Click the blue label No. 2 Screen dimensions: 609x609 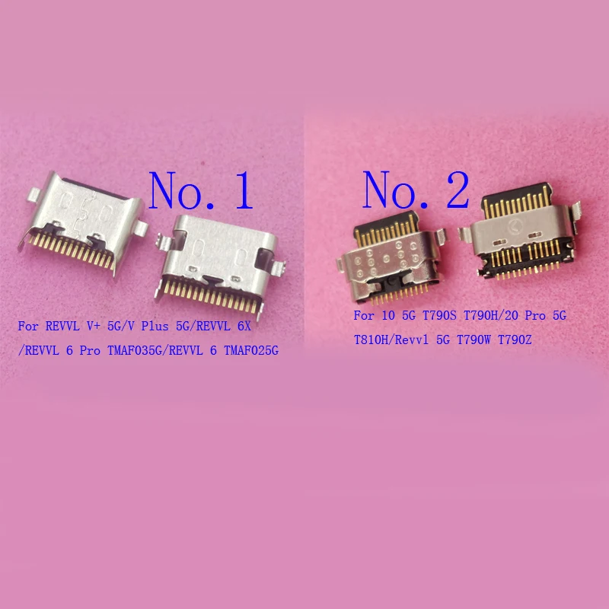point(416,190)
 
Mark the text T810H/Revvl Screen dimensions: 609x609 point(387,340)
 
